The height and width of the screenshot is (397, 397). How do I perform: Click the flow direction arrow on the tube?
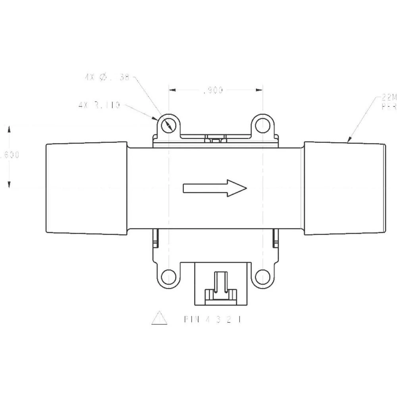pos(215,188)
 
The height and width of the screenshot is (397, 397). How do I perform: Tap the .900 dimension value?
pos(213,91)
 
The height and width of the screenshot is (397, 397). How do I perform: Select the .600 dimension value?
pos(10,155)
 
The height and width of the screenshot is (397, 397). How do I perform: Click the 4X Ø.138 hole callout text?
pos(107,78)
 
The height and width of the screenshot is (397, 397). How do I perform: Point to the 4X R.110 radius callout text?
pos(99,106)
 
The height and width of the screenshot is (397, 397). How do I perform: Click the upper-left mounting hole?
pos(169,125)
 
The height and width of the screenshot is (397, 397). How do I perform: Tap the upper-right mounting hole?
pos(262,125)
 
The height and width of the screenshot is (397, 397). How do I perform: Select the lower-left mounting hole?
pos(169,276)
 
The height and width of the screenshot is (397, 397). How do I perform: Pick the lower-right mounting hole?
pos(262,276)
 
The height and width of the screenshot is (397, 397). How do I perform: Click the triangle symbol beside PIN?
pos(159,318)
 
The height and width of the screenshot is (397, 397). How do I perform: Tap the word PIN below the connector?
pos(191,319)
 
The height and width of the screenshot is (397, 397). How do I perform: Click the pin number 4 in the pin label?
pos(209,319)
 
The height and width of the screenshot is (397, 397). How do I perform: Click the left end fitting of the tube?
pos(87,188)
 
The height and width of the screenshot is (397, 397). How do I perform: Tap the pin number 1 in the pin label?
pos(240,319)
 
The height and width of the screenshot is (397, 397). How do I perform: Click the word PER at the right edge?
pos(389,107)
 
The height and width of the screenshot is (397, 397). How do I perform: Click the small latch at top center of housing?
pos(216,139)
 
